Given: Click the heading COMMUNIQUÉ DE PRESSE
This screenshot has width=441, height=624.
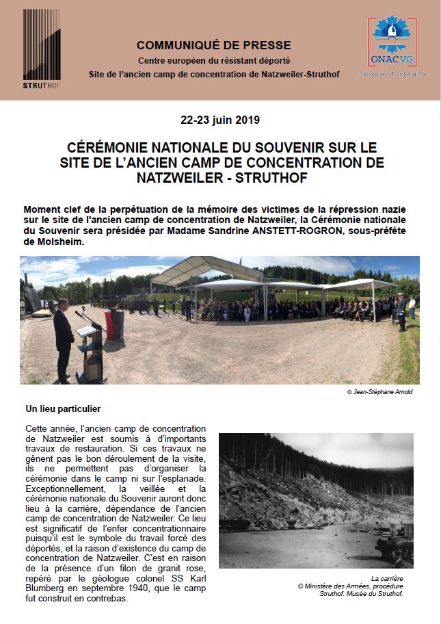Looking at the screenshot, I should pos(213,46).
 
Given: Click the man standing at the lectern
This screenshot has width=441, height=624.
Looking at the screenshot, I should pos(63,339).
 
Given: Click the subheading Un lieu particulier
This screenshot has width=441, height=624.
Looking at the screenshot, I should pos(63,409).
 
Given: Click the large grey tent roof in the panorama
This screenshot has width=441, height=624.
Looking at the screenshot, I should pos(205,270).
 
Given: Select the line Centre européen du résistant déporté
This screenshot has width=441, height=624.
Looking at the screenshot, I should pos(213,60).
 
